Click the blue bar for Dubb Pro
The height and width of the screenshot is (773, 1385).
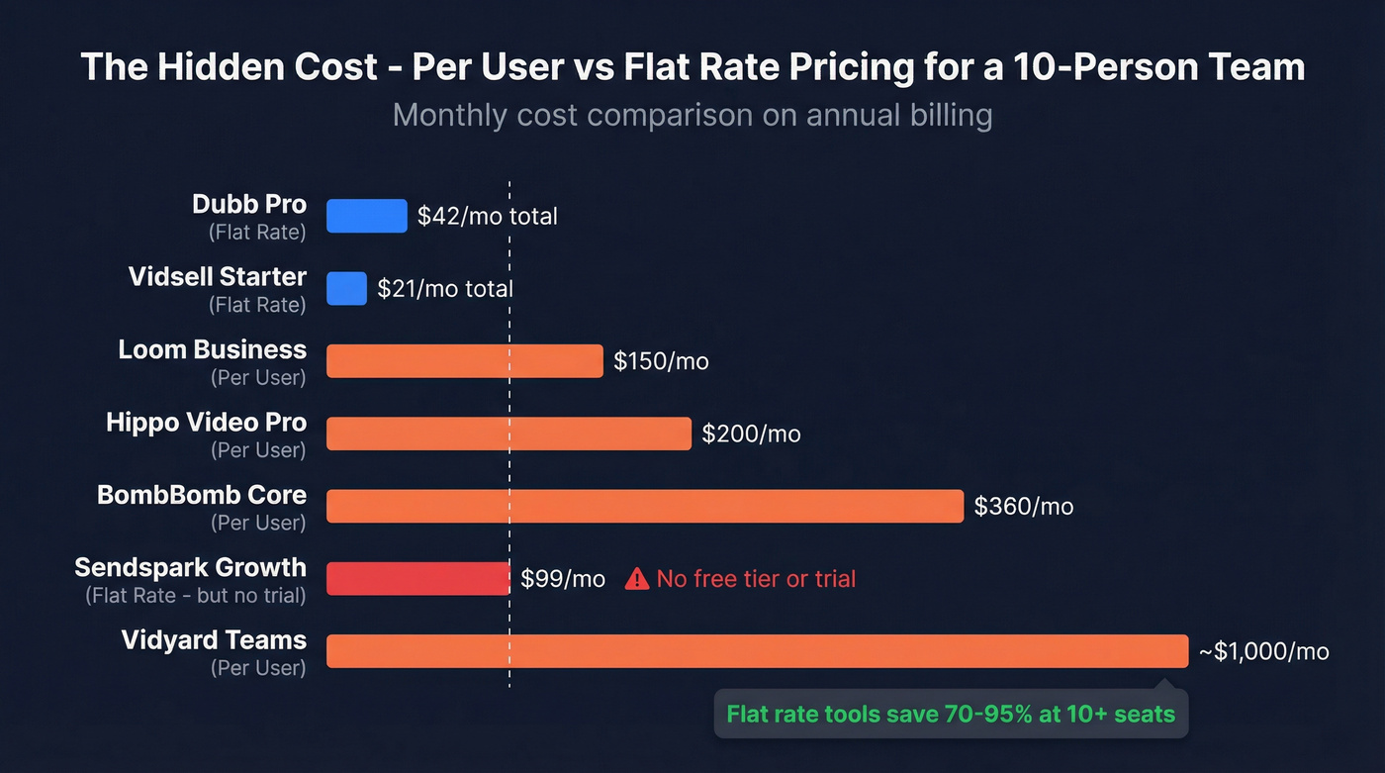[366, 216]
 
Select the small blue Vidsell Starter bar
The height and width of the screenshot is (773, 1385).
[346, 288]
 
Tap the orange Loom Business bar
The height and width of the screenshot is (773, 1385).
[464, 361]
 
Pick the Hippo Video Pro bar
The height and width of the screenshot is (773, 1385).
[508, 434]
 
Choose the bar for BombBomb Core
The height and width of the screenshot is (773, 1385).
[644, 506]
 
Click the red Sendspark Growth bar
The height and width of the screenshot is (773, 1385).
[417, 578]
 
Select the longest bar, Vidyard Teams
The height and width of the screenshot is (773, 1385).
[757, 651]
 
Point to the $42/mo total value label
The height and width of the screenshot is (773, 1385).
[487, 216]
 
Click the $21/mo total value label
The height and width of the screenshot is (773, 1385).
[445, 289]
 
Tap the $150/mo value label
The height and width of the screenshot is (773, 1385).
[661, 361]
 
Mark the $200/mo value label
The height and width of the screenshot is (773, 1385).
[751, 434]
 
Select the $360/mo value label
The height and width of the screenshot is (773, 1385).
[1023, 507]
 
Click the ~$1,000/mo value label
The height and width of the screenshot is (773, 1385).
[1263, 651]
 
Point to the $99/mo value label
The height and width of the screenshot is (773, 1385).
[563, 579]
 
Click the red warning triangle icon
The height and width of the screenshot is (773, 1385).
[637, 579]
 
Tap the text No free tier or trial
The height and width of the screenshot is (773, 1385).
[756, 579]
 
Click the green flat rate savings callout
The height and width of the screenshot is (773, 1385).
[950, 714]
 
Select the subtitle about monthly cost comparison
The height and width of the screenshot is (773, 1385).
[692, 115]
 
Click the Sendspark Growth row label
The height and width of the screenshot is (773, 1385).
[190, 568]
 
